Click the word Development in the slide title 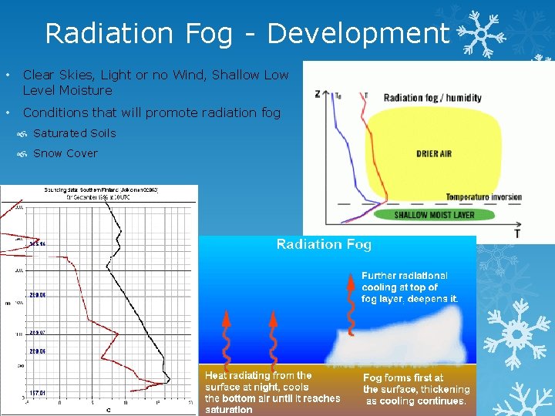(x=358, y=34)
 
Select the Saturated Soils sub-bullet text (x=74, y=133)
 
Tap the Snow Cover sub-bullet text (x=66, y=153)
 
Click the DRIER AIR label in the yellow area (x=433, y=154)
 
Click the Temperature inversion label (x=483, y=197)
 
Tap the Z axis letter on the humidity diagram (x=318, y=94)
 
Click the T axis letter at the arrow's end (x=516, y=233)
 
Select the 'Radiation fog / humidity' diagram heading (x=432, y=98)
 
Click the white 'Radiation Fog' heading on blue (x=324, y=245)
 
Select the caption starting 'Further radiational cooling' (x=409, y=287)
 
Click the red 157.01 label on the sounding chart (x=38, y=393)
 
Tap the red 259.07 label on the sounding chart (x=38, y=333)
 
